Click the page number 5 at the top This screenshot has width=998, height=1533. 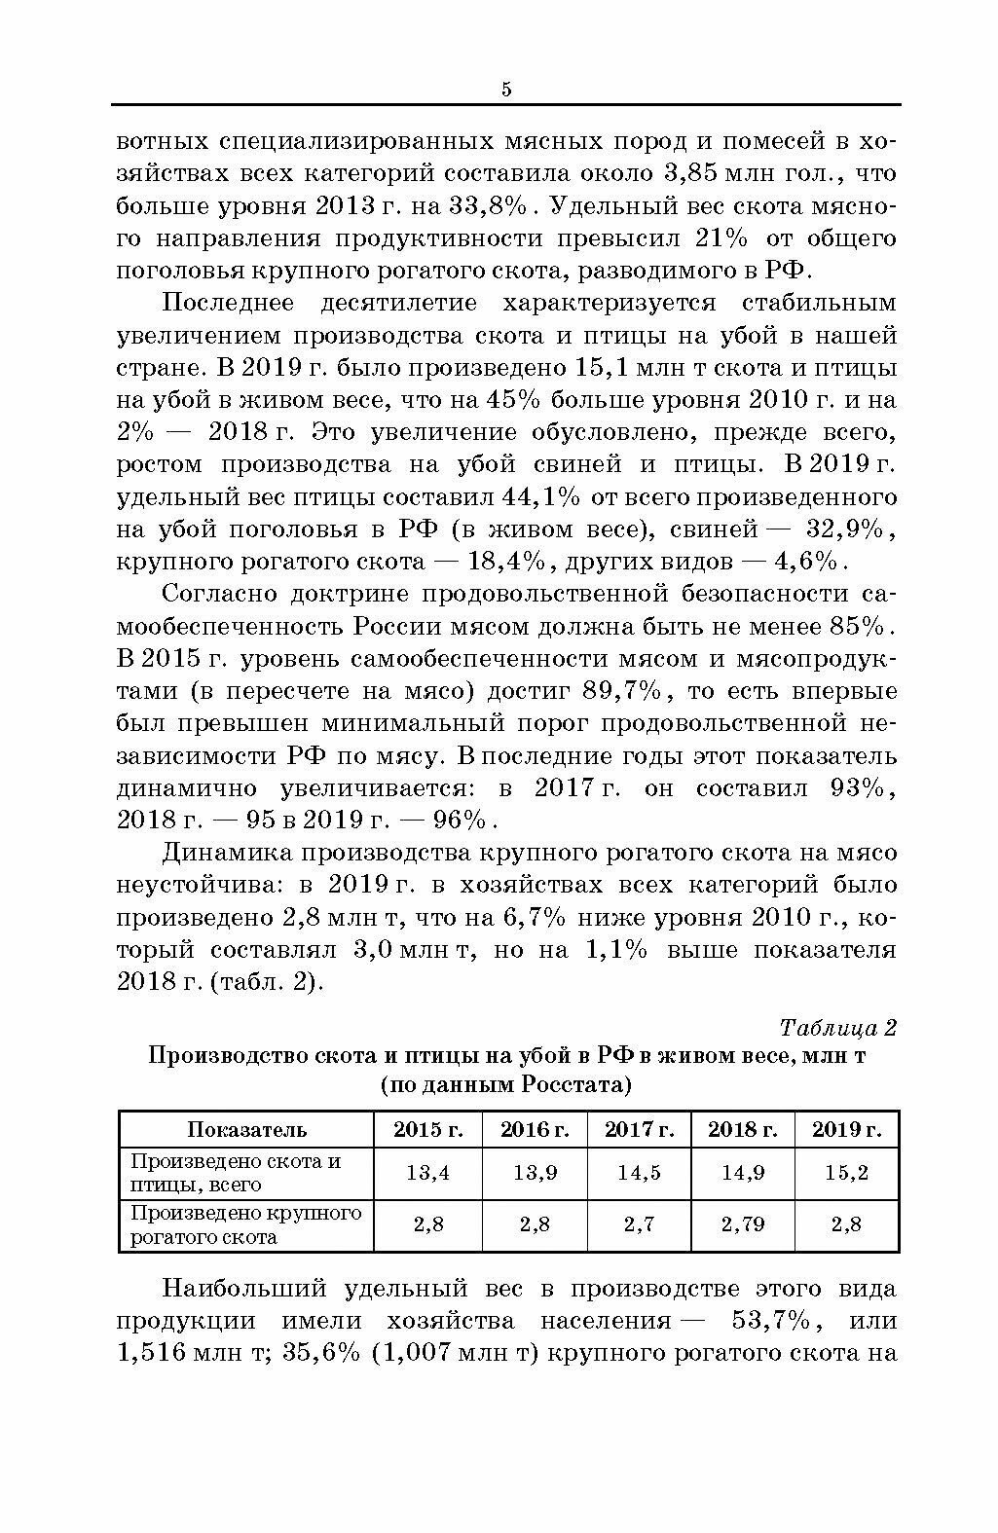click(506, 90)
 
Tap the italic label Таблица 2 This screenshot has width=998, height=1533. click(837, 1028)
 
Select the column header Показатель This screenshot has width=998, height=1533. click(246, 1129)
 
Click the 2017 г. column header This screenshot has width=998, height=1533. click(639, 1129)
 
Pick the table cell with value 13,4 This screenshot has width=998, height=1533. click(427, 1173)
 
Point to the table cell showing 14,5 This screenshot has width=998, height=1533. click(639, 1173)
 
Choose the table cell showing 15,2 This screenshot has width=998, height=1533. click(846, 1173)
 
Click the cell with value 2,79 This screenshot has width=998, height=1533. click(743, 1224)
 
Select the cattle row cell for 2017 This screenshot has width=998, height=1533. click(639, 1224)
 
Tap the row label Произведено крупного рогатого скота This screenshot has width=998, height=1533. click(245, 1224)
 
